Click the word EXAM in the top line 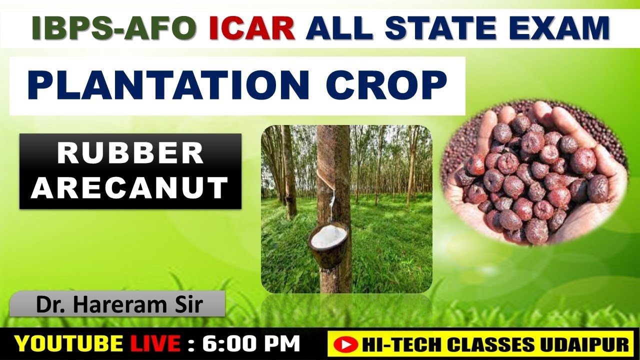coord(559,28)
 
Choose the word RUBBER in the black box coord(130,153)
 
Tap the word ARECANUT coord(130,188)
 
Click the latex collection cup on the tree coord(328,243)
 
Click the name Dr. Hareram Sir coord(119,304)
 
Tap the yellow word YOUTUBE coord(67,344)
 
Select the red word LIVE coord(155,344)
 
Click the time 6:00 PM coord(251,344)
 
